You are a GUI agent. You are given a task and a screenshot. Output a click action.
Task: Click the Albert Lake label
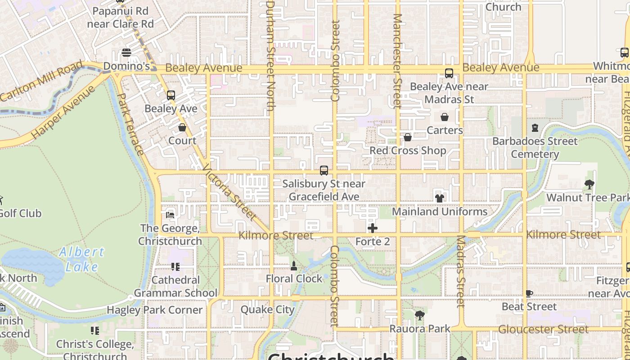tap(81, 259)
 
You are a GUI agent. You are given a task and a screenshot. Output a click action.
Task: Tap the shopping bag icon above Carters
tap(445, 117)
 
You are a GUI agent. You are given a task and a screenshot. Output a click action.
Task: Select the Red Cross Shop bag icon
tap(408, 137)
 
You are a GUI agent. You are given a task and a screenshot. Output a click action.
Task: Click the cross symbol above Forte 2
tap(373, 228)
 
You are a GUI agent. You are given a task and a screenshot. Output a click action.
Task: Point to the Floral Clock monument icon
tap(294, 266)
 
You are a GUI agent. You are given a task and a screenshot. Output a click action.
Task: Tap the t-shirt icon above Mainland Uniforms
tap(440, 198)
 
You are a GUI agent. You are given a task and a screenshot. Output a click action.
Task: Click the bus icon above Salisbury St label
tap(324, 171)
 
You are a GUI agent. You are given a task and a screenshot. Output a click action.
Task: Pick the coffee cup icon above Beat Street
tap(529, 294)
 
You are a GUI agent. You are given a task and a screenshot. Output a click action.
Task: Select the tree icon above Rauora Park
tap(420, 315)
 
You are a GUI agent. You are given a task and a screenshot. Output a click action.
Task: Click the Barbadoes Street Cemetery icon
tap(535, 128)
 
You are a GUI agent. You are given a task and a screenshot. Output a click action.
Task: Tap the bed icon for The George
tap(170, 215)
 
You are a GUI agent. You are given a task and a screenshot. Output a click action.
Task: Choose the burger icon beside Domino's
tap(126, 53)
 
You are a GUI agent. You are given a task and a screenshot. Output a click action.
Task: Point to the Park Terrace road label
tap(130, 124)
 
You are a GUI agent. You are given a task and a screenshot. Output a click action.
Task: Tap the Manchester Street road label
tap(397, 61)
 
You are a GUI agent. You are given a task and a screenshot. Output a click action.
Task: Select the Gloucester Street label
tap(543, 329)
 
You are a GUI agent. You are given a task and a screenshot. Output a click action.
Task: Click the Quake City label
tap(268, 310)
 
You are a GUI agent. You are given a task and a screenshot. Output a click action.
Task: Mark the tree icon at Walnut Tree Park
tap(589, 184)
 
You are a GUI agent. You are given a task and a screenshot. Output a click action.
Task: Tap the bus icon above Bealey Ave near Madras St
tap(449, 73)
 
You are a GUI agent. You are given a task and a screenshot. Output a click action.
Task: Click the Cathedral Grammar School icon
tap(175, 267)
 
